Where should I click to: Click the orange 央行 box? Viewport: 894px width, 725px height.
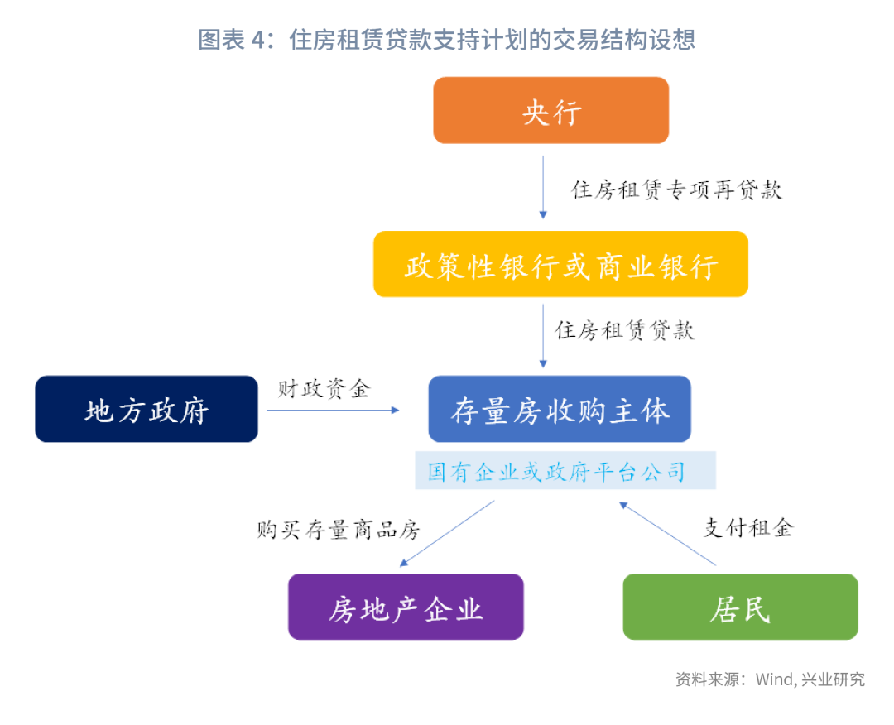pyautogui.click(x=550, y=110)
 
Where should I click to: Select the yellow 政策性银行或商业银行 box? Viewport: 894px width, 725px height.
pyautogui.click(x=560, y=264)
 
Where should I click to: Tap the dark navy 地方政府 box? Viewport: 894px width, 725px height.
pyautogui.click(x=147, y=409)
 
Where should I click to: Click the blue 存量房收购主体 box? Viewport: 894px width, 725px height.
pyautogui.click(x=560, y=409)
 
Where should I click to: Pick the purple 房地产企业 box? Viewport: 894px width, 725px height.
pyautogui.click(x=406, y=607)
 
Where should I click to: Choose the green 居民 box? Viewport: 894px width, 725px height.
pyautogui.click(x=740, y=607)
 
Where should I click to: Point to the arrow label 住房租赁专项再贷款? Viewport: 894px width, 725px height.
pyautogui.click(x=677, y=190)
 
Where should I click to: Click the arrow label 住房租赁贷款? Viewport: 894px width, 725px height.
pyautogui.click(x=624, y=330)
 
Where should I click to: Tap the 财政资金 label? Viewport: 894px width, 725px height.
pyautogui.click(x=324, y=389)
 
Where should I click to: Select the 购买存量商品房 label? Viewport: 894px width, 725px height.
pyautogui.click(x=338, y=530)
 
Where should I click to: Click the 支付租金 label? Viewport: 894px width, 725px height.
pyautogui.click(x=748, y=528)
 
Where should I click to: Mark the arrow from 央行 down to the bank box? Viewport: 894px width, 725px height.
pyautogui.click(x=543, y=188)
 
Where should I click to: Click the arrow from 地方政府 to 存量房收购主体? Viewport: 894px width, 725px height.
pyautogui.click(x=333, y=410)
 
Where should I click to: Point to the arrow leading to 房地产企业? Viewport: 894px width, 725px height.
pyautogui.click(x=447, y=534)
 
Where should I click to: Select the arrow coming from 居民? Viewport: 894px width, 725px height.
pyautogui.click(x=667, y=534)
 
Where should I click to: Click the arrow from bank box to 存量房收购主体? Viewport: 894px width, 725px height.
pyautogui.click(x=543, y=336)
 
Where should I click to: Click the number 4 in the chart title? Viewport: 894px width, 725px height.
pyautogui.click(x=257, y=40)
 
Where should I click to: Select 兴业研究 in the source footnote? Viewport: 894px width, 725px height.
pyautogui.click(x=833, y=679)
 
